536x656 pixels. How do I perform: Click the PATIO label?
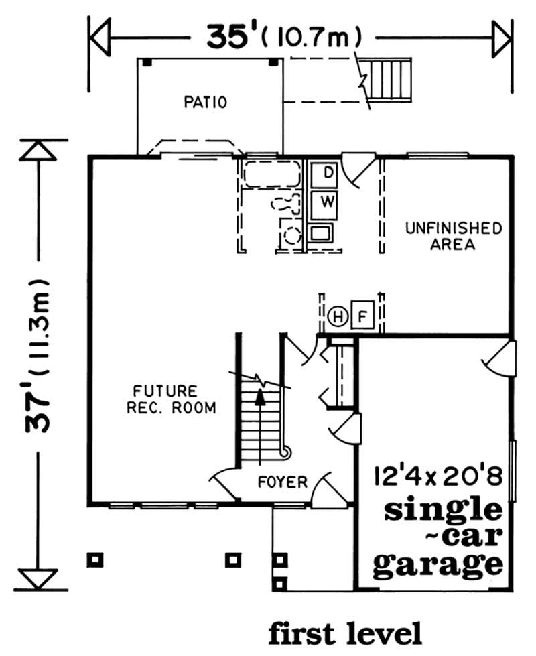[x=206, y=103]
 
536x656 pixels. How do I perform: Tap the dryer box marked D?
[x=328, y=172]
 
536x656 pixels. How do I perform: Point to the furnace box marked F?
[x=362, y=316]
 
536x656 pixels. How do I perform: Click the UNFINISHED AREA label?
[x=453, y=236]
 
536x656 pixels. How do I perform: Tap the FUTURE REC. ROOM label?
[x=164, y=399]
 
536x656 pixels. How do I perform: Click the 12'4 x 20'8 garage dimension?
[x=438, y=478]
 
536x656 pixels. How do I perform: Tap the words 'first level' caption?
[x=345, y=632]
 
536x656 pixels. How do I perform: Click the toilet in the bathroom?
[x=285, y=204]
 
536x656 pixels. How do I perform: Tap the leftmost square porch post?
[x=95, y=557]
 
